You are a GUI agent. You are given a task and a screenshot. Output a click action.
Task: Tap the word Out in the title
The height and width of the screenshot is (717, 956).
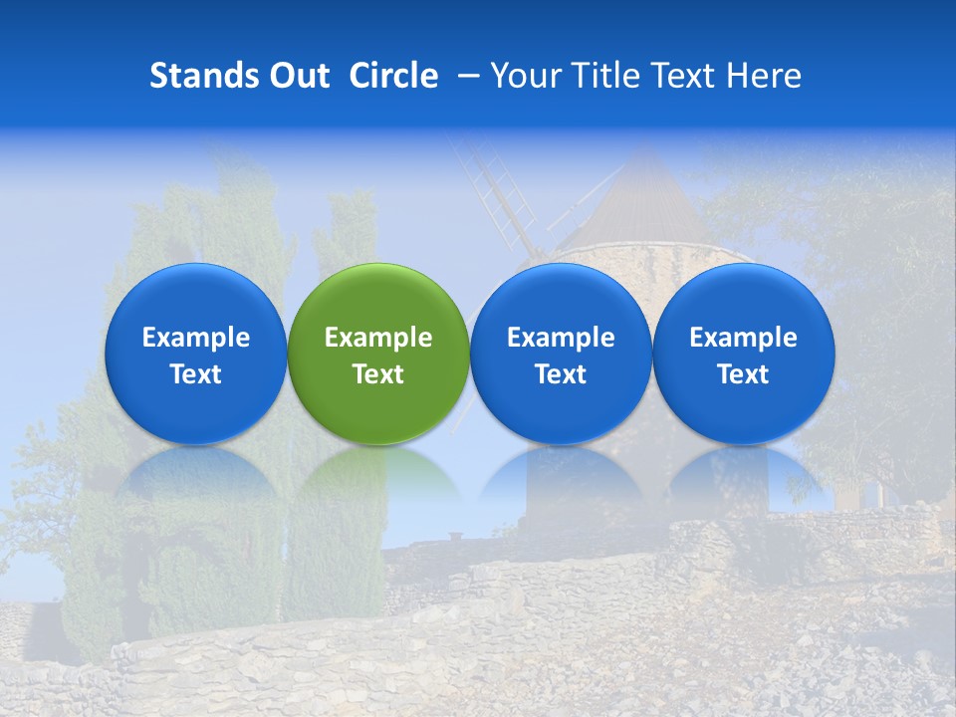(x=296, y=76)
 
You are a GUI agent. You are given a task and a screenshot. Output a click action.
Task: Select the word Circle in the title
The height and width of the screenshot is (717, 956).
(x=393, y=76)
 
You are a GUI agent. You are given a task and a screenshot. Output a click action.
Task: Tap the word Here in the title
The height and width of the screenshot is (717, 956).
(x=765, y=76)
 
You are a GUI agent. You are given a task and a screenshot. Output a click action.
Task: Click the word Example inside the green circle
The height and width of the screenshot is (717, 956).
(x=378, y=338)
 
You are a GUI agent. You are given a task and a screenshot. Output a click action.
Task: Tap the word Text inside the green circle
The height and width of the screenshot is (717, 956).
(x=378, y=374)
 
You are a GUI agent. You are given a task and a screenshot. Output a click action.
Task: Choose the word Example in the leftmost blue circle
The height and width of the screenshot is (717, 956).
(x=196, y=338)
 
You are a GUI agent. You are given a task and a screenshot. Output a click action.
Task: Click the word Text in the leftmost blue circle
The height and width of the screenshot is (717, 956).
(x=196, y=374)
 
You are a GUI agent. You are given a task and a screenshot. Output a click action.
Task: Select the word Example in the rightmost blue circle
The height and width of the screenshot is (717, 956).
(x=743, y=338)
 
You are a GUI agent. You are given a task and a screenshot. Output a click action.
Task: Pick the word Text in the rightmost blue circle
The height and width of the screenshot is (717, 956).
(x=743, y=374)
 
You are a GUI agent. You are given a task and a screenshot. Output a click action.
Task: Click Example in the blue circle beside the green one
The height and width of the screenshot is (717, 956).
(x=561, y=338)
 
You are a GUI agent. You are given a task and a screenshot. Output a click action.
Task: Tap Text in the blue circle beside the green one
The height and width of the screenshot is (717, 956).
(x=561, y=374)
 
